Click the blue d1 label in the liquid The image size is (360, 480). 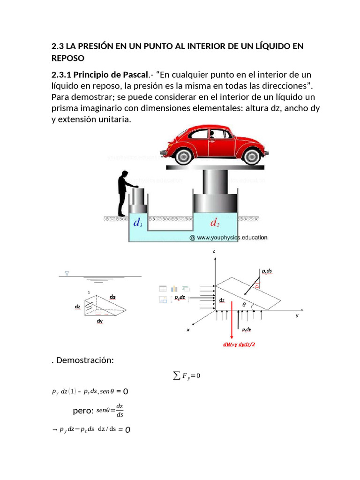[138, 223]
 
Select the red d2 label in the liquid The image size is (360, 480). [215, 223]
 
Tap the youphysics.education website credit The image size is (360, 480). [228, 238]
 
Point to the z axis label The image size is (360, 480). [214, 252]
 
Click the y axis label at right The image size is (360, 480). [297, 316]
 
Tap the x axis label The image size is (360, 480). [188, 330]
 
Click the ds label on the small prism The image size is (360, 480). [112, 297]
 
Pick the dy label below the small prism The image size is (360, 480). [99, 321]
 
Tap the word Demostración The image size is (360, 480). [84, 360]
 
